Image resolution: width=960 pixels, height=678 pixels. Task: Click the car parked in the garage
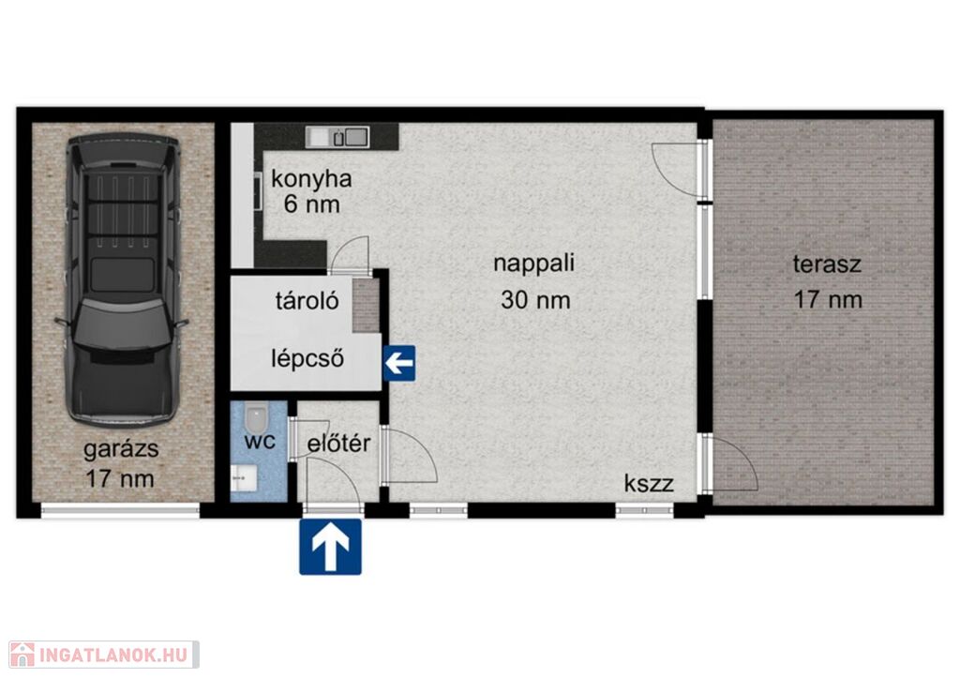123,279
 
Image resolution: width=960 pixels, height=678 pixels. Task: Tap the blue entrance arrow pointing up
331,547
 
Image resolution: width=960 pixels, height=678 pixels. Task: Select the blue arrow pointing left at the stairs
399,363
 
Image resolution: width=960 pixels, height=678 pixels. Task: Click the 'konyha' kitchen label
311,179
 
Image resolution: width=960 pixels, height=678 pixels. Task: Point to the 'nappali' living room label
533,263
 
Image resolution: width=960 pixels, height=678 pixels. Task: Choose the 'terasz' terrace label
827,264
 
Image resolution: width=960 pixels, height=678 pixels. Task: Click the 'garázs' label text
121,449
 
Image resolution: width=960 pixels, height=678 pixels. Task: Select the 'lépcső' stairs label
307,358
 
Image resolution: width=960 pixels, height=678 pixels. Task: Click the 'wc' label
260,441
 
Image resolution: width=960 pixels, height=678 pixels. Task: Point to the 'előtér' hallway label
338,443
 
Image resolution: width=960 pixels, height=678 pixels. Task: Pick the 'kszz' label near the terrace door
649,483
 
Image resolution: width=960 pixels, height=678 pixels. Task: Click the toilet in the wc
255,417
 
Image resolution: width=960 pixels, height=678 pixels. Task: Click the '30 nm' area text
535,300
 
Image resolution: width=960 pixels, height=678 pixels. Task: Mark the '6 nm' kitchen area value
311,203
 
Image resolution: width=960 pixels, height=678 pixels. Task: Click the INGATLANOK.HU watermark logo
104,655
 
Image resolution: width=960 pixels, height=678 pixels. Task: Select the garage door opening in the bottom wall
120,510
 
